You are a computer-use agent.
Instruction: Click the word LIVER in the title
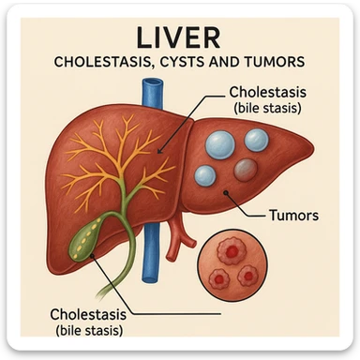click(180, 37)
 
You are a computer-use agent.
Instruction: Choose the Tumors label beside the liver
click(293, 215)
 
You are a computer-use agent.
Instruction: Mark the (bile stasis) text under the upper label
click(269, 109)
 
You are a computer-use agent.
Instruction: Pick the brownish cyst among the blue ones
click(245, 169)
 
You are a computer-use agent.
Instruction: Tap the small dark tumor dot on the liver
click(227, 194)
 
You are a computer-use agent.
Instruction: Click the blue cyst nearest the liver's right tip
click(257, 140)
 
